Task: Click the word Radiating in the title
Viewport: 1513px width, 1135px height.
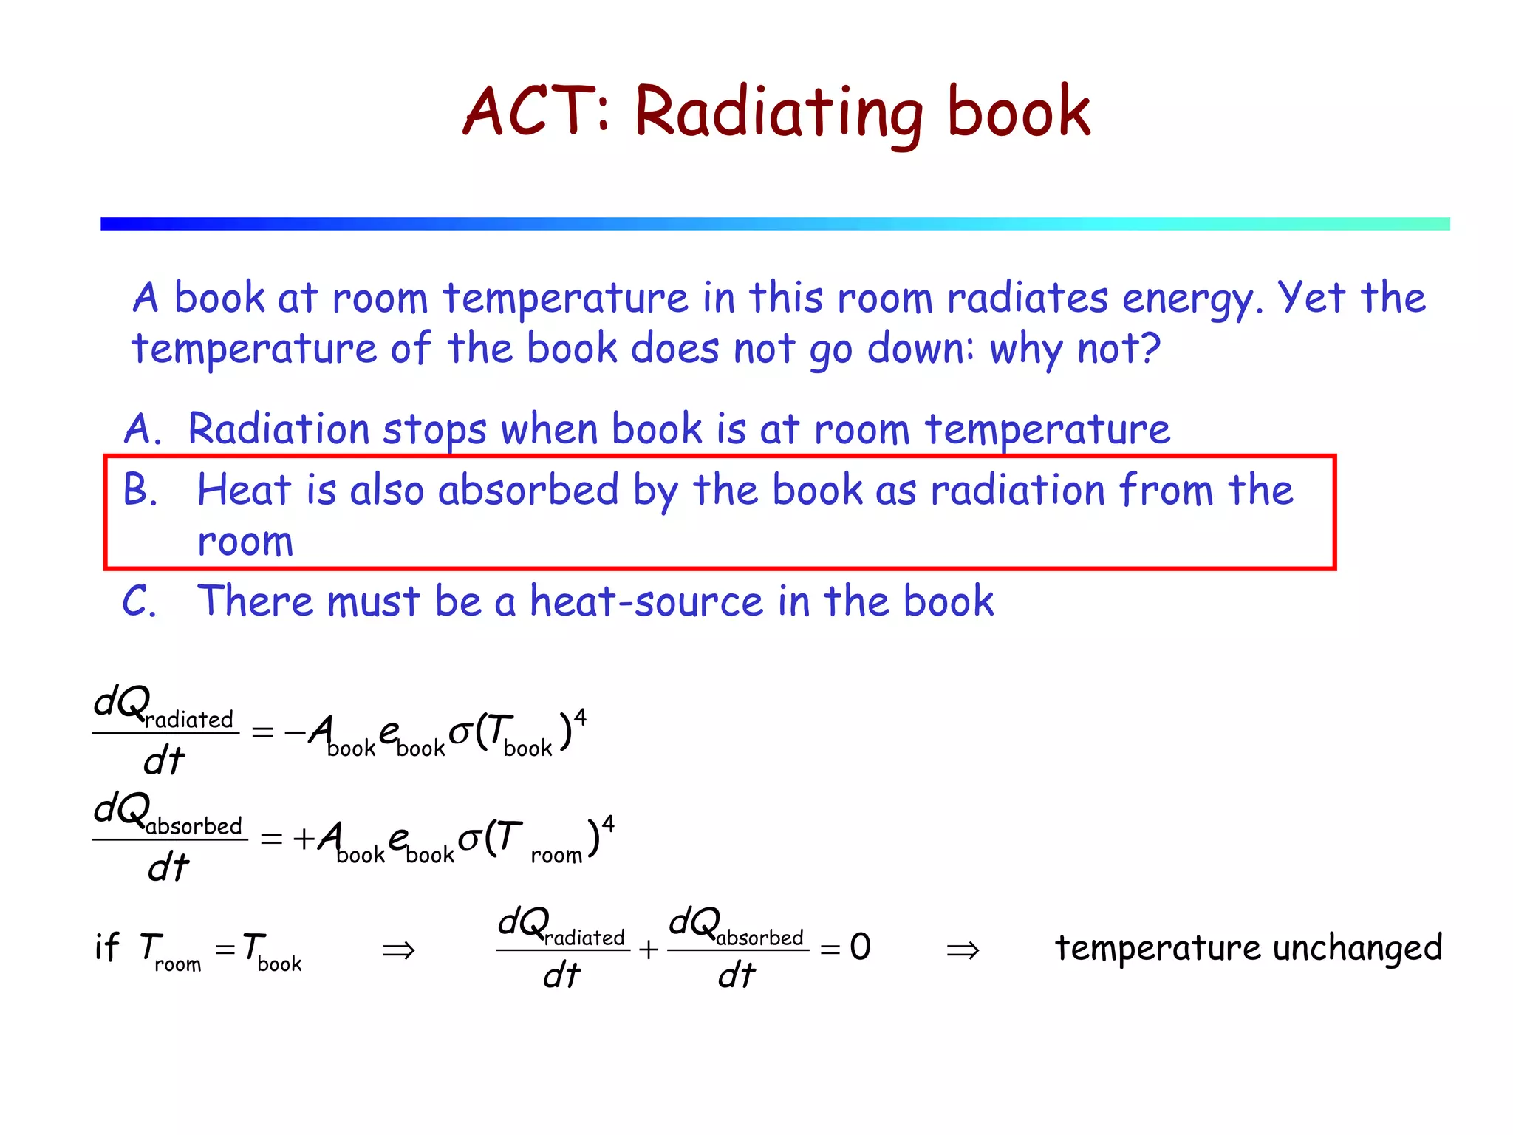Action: [779, 112]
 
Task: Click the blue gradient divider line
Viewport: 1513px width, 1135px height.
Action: [775, 224]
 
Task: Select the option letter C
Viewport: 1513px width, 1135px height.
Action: [139, 601]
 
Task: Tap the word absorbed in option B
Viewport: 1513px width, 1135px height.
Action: [528, 490]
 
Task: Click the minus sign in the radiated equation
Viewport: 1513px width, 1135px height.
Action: [294, 732]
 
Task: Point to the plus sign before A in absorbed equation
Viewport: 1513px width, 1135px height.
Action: [304, 839]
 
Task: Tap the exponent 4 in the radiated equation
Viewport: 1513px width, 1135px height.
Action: [581, 717]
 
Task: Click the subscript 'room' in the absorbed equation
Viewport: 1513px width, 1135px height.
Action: [556, 856]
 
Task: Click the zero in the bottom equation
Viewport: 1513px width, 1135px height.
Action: [860, 947]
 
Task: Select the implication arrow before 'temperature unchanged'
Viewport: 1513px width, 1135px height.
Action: [963, 950]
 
